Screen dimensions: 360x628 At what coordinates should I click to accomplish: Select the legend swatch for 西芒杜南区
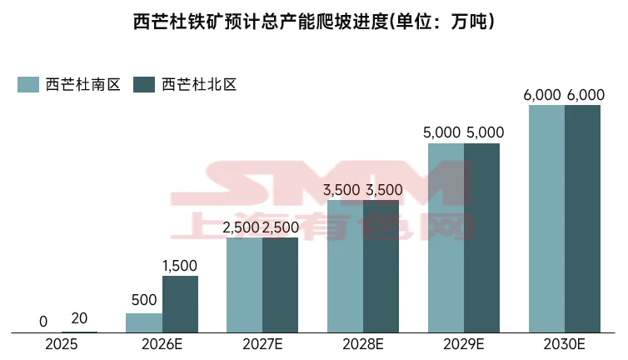[28, 84]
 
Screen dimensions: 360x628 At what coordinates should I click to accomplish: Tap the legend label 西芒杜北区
[200, 84]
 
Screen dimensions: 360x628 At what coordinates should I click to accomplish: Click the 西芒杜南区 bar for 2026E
[144, 323]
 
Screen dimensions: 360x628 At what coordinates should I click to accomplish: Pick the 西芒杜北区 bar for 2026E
[180, 304]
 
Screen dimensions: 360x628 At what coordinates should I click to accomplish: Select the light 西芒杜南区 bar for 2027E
[245, 285]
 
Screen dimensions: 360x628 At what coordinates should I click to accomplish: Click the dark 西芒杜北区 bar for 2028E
[381, 267]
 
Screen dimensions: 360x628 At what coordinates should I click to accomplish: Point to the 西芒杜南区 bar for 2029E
[446, 238]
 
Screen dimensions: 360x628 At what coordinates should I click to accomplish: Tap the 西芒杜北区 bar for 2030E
[583, 219]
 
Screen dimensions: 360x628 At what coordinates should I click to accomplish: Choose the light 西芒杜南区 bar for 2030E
[547, 219]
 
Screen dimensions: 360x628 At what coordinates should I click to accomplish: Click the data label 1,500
[180, 266]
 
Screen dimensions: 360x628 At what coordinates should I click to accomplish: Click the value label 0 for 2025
[43, 322]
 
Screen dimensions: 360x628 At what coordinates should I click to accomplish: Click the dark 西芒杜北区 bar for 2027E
[280, 285]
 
